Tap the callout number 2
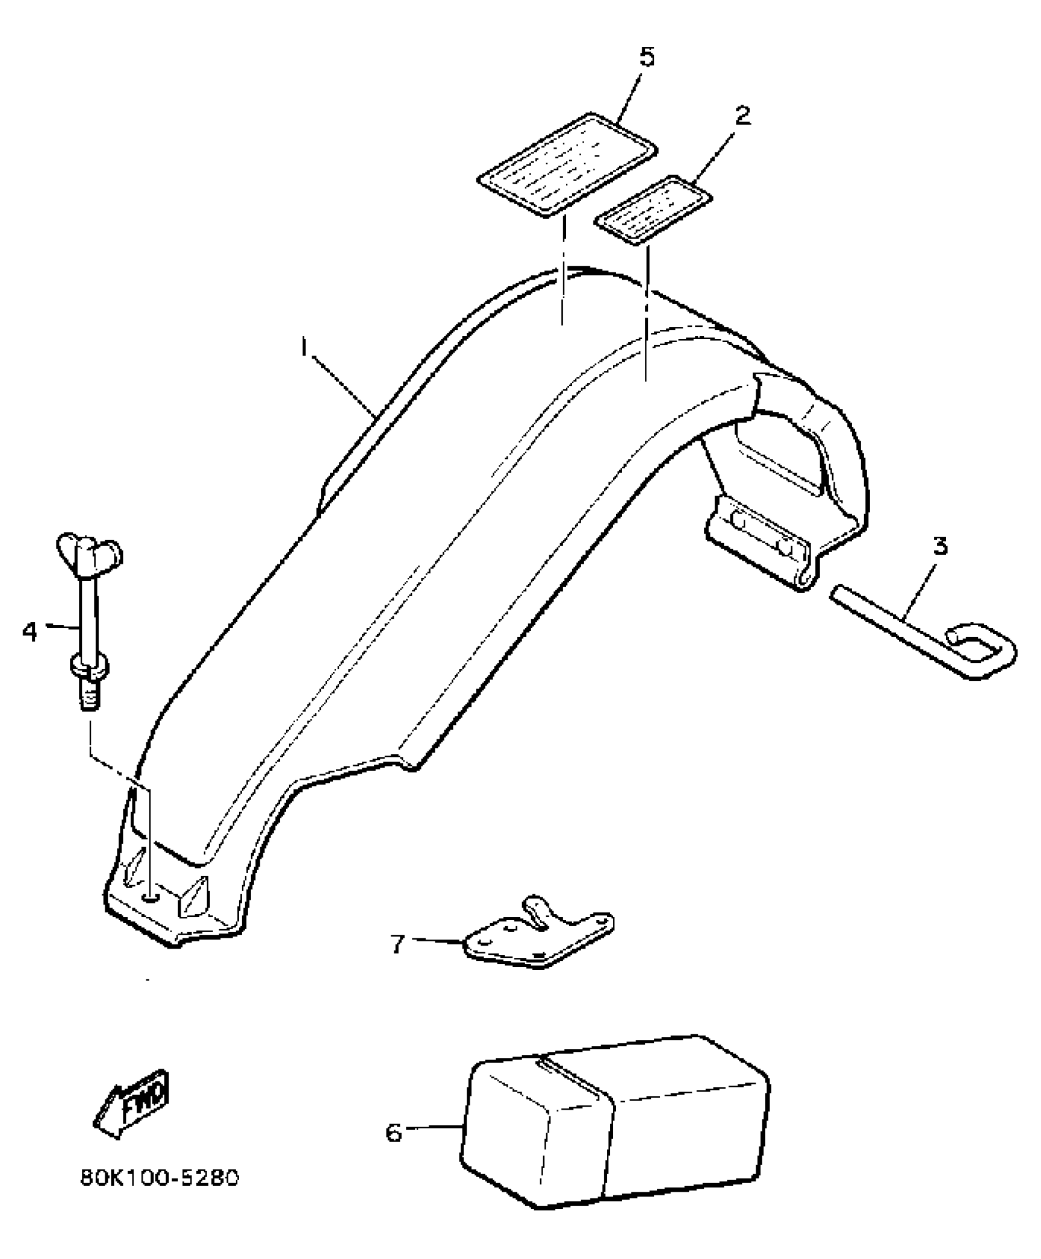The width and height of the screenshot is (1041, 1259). [742, 114]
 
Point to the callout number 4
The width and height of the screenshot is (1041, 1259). [30, 630]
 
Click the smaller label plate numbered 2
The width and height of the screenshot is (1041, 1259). [653, 209]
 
